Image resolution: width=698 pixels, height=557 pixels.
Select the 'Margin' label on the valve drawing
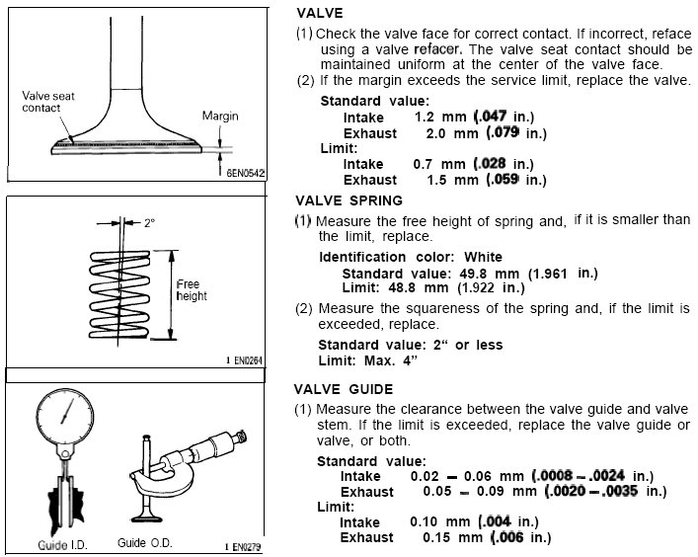[221, 116]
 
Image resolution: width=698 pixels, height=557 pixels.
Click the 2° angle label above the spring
[149, 223]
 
